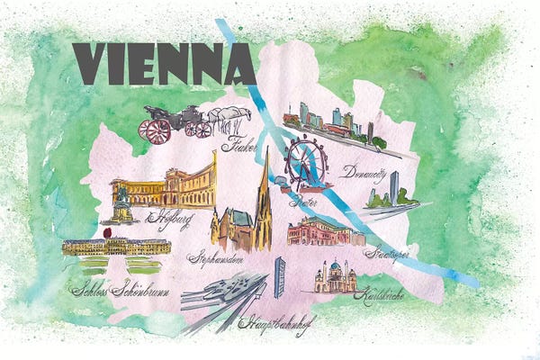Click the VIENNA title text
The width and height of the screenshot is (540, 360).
pos(163,64)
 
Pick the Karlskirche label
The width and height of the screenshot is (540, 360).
pos(378,295)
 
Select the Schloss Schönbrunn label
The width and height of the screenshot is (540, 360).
pos(114,290)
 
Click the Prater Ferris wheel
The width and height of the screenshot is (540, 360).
pos(307,162)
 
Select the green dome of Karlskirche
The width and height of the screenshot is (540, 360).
pos(334,269)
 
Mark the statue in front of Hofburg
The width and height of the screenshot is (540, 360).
pos(120,202)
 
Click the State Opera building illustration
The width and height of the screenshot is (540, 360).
pos(324,232)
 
